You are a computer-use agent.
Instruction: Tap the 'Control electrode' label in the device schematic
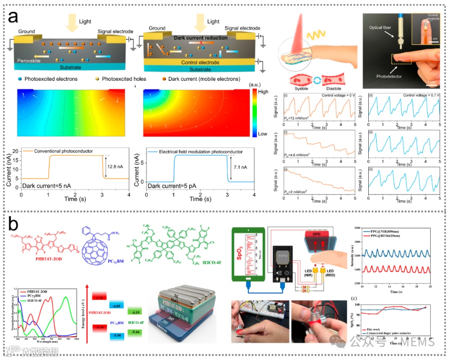pyautogui.click(x=200, y=62)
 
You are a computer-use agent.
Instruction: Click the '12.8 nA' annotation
pyautogui.click(x=114, y=166)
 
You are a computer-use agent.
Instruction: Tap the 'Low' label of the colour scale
pyautogui.click(x=263, y=134)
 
